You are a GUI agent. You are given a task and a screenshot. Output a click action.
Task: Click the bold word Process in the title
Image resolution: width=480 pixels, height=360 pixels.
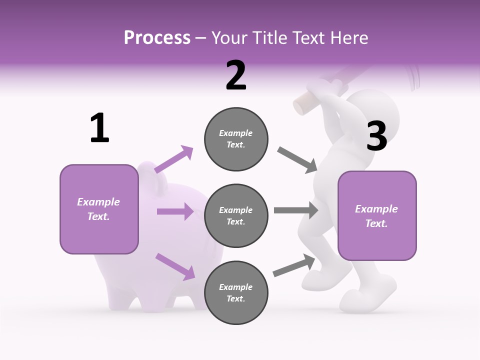click(x=157, y=38)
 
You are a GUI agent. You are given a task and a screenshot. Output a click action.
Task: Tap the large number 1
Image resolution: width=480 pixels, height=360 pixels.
click(x=99, y=128)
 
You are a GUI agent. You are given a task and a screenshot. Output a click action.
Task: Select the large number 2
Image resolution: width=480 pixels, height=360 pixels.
click(x=236, y=75)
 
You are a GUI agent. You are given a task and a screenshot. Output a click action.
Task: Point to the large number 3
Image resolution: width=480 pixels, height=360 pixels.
click(x=376, y=136)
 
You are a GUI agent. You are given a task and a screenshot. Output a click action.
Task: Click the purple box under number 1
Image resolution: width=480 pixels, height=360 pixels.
click(x=99, y=209)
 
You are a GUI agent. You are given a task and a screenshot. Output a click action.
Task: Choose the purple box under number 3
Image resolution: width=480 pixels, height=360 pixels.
click(x=377, y=216)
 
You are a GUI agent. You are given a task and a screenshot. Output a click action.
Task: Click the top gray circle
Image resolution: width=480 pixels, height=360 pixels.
click(x=236, y=139)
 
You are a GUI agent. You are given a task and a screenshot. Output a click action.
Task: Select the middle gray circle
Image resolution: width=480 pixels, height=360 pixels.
click(x=236, y=216)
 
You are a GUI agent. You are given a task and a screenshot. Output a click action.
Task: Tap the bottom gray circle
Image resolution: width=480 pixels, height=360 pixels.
click(x=236, y=293)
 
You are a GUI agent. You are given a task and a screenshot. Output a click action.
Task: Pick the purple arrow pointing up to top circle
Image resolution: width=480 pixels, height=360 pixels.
click(x=173, y=159)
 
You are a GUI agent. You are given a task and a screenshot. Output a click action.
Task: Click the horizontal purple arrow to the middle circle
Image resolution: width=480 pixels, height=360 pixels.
click(x=175, y=211)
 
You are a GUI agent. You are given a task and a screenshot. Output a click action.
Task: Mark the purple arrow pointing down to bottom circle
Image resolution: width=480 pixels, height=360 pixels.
click(x=175, y=266)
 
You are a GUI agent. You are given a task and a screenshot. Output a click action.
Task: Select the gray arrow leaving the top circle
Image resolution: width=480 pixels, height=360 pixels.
click(x=297, y=160)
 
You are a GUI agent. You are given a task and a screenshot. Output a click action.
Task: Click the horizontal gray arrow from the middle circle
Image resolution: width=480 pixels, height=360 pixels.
click(x=296, y=210)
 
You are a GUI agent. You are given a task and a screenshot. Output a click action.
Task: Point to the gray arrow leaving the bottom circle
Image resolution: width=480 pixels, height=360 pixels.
click(x=294, y=265)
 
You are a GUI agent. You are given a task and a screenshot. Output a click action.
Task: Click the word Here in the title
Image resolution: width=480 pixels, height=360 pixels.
click(x=350, y=38)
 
